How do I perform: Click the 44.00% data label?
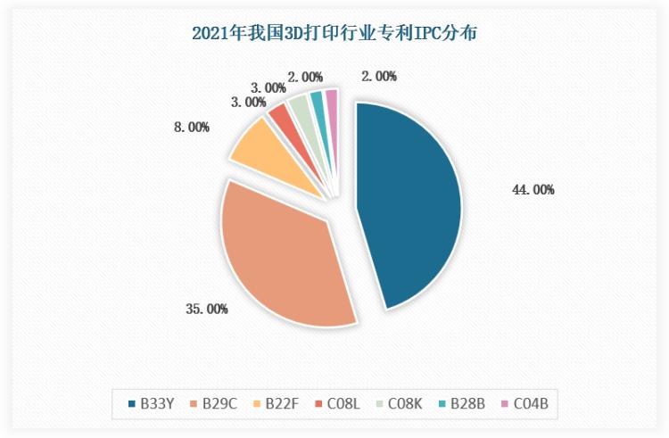click(x=533, y=189)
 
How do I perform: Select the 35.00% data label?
click(x=206, y=310)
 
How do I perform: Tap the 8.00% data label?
click(x=192, y=128)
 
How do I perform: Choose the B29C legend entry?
click(x=213, y=404)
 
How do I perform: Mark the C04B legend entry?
click(x=527, y=404)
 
